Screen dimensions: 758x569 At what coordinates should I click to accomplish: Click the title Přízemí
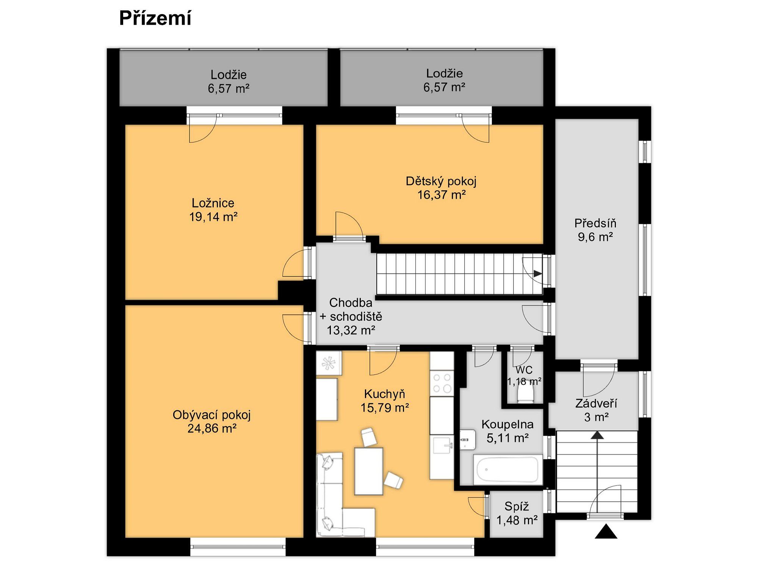[155, 18]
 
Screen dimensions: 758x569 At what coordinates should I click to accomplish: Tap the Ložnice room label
[213, 203]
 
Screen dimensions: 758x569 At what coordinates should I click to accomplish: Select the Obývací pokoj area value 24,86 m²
[212, 429]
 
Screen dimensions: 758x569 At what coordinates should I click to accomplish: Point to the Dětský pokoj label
[441, 181]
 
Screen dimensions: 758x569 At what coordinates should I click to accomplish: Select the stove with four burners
[442, 383]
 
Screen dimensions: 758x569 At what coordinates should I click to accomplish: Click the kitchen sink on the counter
[442, 445]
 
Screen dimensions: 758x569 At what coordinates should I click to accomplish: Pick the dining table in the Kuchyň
[369, 471]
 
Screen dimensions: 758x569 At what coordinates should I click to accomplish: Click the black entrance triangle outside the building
[606, 532]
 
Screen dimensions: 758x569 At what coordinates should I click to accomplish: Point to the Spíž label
[517, 506]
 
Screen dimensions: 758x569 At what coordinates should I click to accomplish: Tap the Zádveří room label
[596, 403]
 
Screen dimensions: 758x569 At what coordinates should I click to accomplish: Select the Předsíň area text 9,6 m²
[595, 237]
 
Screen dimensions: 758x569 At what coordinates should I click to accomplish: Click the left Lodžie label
[229, 74]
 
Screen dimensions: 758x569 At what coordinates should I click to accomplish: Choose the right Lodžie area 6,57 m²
[444, 87]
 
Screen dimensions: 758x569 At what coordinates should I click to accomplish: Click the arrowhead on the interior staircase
[537, 273]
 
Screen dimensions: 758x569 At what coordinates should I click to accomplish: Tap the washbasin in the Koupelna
[468, 440]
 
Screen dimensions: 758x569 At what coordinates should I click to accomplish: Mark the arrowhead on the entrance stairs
[598, 435]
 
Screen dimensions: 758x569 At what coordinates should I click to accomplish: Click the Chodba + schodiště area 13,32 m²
[351, 330]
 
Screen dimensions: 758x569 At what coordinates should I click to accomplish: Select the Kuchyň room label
[385, 394]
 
